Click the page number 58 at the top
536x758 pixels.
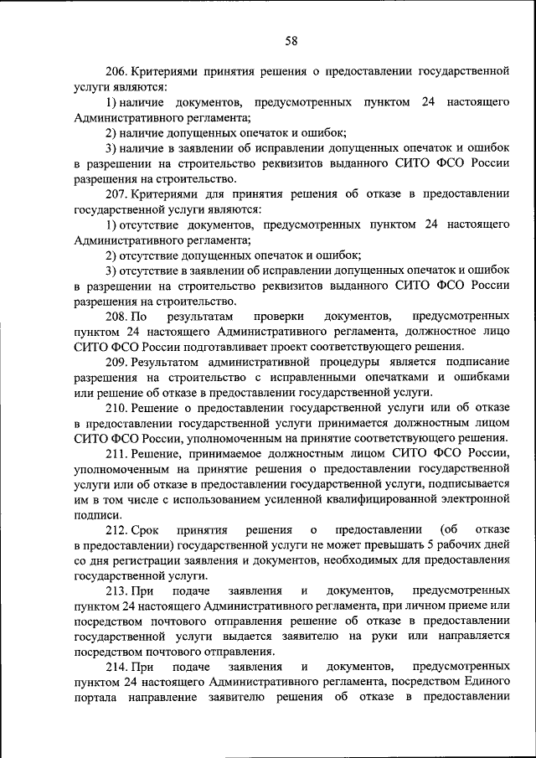click(291, 40)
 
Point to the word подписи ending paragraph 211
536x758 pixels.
click(95, 515)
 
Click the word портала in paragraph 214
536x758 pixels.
click(96, 699)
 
